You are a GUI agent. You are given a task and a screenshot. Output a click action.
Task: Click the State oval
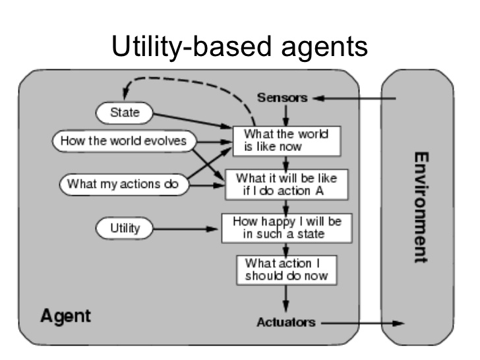[x=124, y=113]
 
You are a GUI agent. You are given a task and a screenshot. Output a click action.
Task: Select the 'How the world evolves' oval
[x=124, y=141]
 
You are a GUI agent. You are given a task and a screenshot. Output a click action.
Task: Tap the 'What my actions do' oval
[x=124, y=185]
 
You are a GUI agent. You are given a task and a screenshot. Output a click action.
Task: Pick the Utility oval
[x=124, y=228]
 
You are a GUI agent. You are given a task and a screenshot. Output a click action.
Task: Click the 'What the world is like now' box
[x=287, y=141]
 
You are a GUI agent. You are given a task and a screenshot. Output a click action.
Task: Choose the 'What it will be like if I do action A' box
[x=287, y=185]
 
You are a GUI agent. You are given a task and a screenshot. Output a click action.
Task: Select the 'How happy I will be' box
[x=287, y=228]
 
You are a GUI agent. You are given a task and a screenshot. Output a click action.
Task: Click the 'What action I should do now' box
[x=287, y=270]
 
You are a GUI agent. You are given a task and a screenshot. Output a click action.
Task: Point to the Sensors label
[x=282, y=98]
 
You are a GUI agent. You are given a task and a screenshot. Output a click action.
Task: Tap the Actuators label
[x=286, y=322]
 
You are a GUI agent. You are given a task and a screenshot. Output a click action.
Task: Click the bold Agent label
[x=65, y=316]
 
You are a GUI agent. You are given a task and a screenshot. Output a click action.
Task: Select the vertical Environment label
[x=421, y=208]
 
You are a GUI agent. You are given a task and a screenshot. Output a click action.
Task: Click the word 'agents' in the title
[x=324, y=47]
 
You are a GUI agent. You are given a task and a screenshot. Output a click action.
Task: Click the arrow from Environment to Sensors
[x=354, y=98]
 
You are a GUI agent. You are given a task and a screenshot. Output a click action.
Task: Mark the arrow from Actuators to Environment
[x=363, y=323]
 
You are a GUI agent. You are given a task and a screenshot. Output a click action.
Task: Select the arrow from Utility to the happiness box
[x=185, y=229]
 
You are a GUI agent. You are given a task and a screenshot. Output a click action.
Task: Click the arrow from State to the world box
[x=193, y=121]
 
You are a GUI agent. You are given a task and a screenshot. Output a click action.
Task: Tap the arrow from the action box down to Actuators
[x=286, y=299]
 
